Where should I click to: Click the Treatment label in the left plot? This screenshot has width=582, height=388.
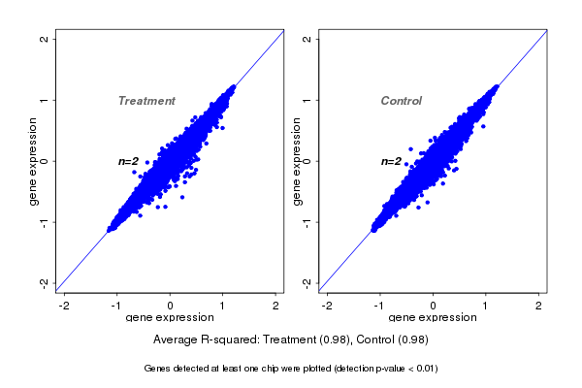146,101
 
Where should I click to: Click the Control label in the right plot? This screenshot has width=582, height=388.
402,101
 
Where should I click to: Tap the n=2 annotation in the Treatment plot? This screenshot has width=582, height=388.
129,161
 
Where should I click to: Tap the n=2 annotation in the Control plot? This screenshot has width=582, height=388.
391,161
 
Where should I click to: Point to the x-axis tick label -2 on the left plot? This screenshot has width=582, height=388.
65,307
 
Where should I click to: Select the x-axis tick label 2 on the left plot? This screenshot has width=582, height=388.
276,307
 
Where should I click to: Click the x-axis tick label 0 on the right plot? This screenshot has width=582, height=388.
434,307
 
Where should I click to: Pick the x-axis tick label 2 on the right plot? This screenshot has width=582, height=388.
539,307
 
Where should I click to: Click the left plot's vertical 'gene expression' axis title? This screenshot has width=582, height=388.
34,161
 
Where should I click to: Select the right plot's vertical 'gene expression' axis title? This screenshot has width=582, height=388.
296,161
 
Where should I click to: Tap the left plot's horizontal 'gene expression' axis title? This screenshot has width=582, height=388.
171,318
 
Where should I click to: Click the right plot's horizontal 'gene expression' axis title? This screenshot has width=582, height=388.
433,318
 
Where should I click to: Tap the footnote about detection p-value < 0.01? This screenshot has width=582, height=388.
291,369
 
